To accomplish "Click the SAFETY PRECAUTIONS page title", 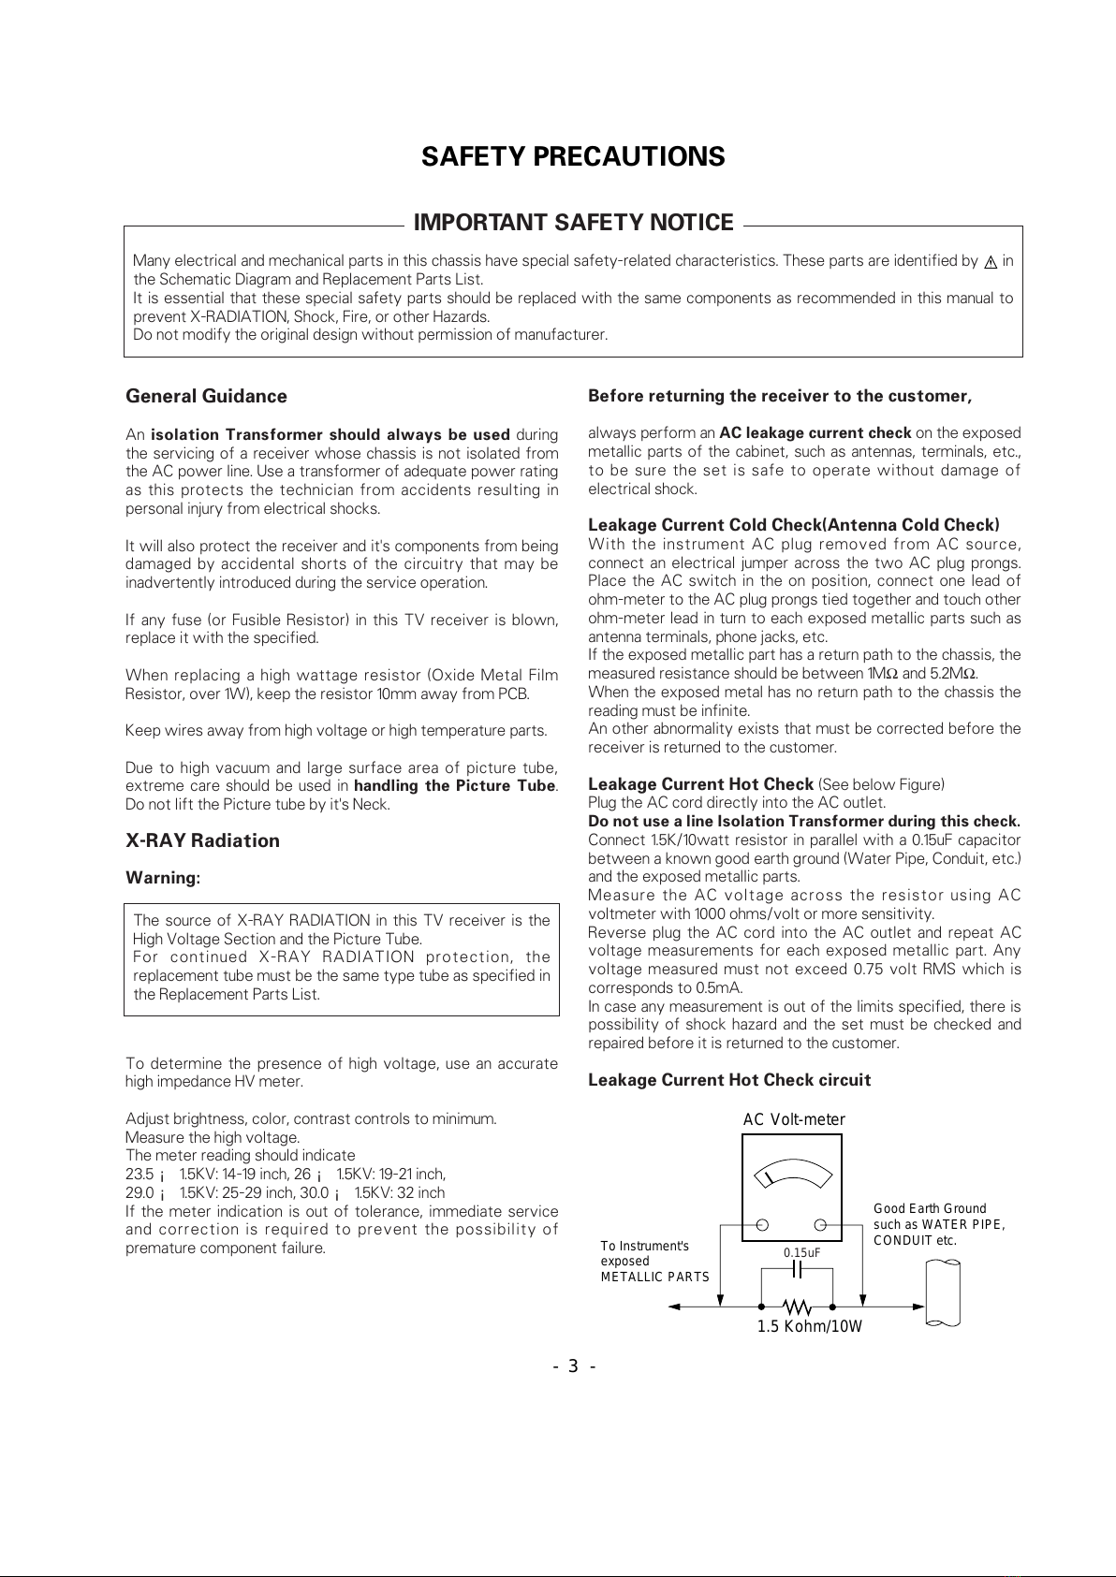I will tap(573, 156).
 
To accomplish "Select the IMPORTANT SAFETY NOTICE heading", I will tap(573, 223).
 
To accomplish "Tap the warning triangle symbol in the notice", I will tap(990, 262).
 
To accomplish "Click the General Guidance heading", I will tap(206, 396).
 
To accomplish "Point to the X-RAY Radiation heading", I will tap(202, 840).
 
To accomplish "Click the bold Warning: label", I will tap(163, 878).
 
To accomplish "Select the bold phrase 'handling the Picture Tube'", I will tap(455, 785).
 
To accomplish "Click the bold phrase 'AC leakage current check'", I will tap(815, 432).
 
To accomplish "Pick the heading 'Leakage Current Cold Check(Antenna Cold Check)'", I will tap(793, 525).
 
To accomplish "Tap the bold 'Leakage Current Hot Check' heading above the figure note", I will tap(700, 784).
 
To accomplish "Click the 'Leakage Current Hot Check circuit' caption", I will tap(729, 1080).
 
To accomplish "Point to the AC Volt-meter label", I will tap(794, 1120).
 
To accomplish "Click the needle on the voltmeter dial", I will tap(767, 1176).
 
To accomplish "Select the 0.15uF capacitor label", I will tap(802, 1252).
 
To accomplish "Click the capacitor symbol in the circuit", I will tap(798, 1269).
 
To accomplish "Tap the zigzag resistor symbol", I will tap(797, 1305).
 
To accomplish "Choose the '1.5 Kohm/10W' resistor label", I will tap(809, 1326).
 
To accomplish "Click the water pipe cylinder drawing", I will tap(943, 1292).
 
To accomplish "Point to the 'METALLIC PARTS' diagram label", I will tap(654, 1277).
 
